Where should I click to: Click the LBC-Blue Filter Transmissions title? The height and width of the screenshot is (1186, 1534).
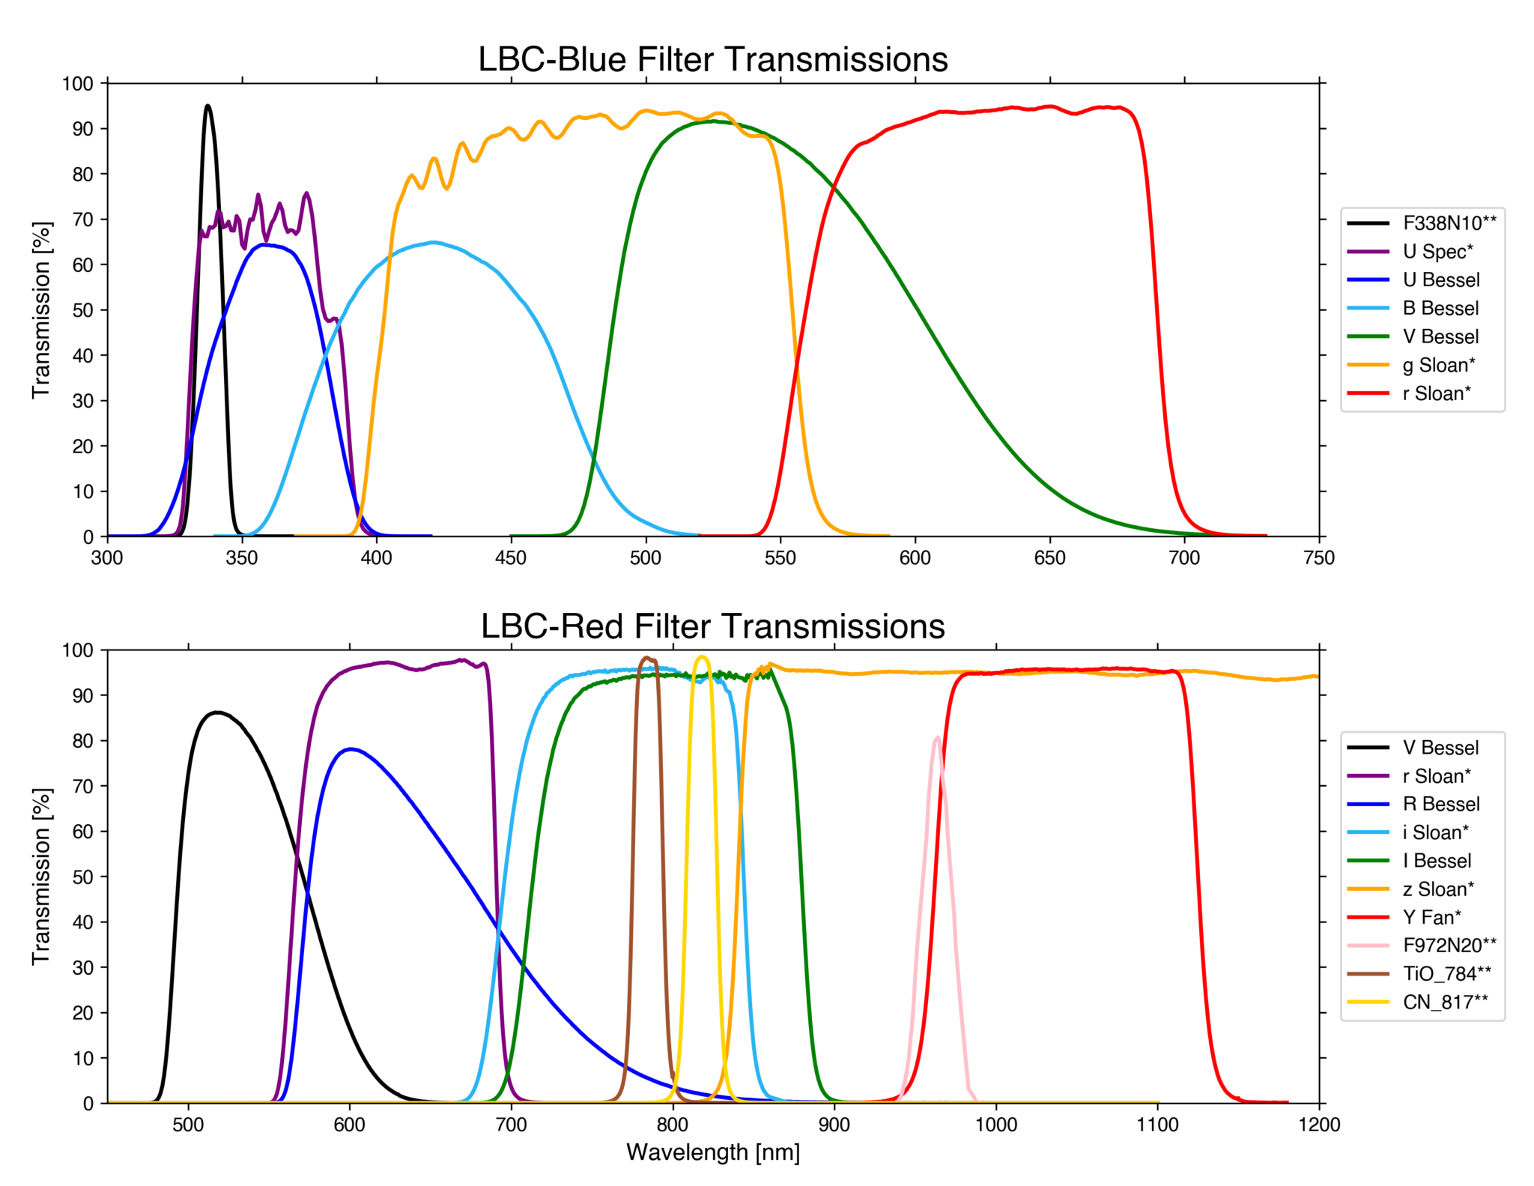[x=712, y=60]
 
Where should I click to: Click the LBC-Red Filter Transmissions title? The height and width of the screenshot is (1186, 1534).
[x=712, y=626]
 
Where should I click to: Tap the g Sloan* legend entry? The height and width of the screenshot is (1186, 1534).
[x=1438, y=365]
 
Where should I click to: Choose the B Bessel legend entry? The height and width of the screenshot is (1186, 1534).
[x=1440, y=308]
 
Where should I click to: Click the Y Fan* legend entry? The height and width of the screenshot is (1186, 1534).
[x=1431, y=917]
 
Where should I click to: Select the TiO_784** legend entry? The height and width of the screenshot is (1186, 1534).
[x=1446, y=973]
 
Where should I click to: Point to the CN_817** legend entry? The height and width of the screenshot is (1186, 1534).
[x=1445, y=1002]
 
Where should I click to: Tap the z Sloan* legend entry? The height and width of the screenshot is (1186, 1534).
[x=1438, y=889]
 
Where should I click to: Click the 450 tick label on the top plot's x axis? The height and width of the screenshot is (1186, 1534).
[x=511, y=558]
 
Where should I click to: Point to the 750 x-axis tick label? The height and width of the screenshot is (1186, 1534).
[x=1319, y=558]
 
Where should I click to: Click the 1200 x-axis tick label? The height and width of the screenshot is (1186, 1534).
[x=1319, y=1125]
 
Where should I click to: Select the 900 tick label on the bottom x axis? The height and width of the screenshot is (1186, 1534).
[x=834, y=1125]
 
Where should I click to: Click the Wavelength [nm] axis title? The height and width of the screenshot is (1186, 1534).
[x=712, y=1152]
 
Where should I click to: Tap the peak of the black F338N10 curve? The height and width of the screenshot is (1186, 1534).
[x=207, y=106]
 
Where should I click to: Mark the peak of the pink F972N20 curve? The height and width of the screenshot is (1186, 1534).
[x=937, y=738]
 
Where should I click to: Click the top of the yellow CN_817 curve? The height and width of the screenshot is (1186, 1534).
[x=702, y=657]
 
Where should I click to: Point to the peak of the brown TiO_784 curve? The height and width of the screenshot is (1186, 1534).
[x=646, y=658]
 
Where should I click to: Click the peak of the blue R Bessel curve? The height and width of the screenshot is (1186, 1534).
[x=351, y=748]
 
